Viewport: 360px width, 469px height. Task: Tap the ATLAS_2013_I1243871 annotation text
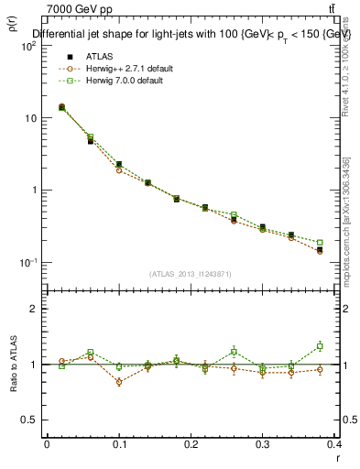pyautogui.click(x=190, y=274)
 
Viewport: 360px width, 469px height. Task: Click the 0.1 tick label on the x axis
pyautogui.click(x=118, y=444)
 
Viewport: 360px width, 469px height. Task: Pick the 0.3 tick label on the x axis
pyautogui.click(x=263, y=444)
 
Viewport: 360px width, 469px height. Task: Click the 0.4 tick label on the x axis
pyautogui.click(x=333, y=444)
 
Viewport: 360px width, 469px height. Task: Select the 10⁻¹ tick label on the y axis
pyautogui.click(x=29, y=263)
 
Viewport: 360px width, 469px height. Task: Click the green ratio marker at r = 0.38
pyautogui.click(x=320, y=346)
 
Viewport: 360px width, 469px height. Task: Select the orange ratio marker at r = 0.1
pyautogui.click(x=119, y=382)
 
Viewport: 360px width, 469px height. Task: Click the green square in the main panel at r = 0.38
pyautogui.click(x=320, y=243)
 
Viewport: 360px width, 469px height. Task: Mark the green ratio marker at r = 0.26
pyautogui.click(x=234, y=352)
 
